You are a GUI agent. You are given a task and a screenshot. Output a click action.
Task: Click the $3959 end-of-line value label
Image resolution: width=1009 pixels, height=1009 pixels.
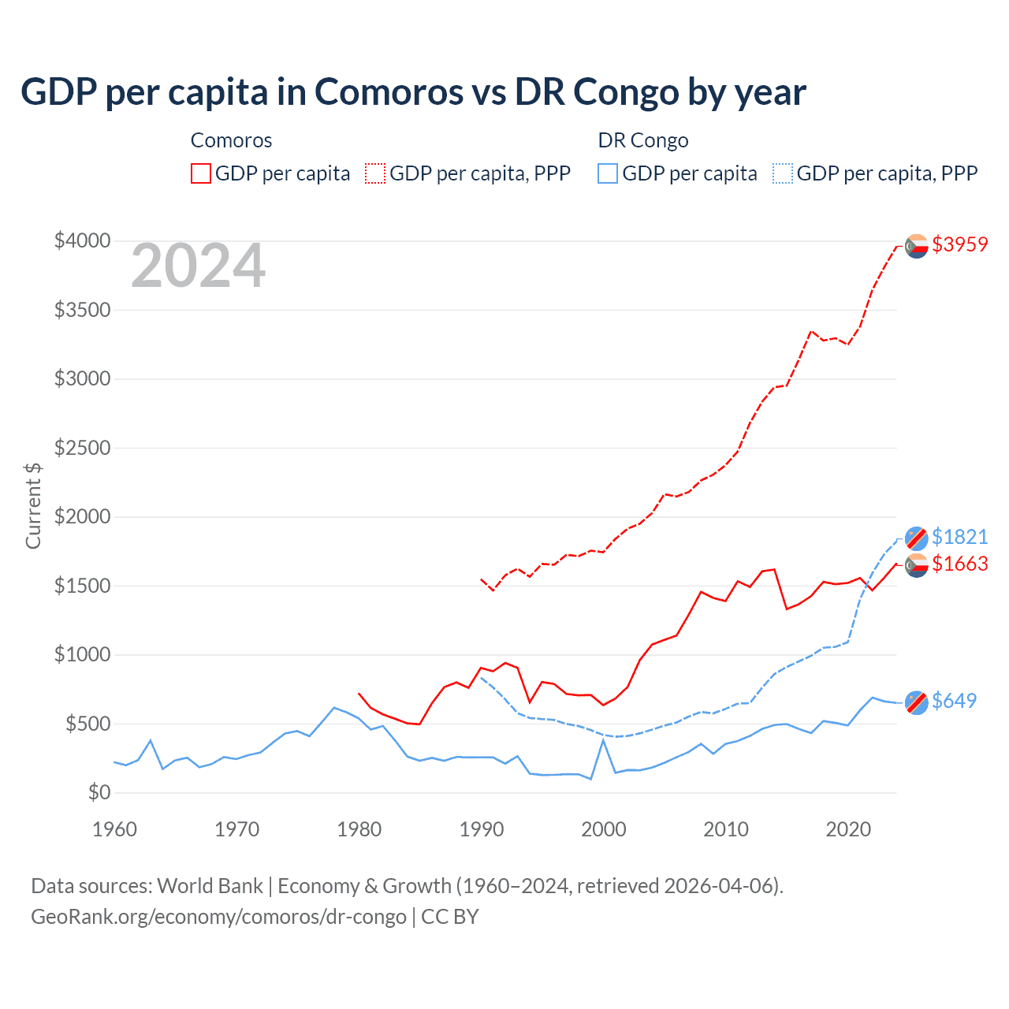[959, 244]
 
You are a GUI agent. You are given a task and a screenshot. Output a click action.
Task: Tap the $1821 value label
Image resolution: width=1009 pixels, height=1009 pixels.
[959, 537]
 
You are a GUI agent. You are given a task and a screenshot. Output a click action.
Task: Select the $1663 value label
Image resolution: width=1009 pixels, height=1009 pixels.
[959, 564]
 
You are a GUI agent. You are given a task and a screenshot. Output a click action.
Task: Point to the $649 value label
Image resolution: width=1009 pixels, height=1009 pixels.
[954, 701]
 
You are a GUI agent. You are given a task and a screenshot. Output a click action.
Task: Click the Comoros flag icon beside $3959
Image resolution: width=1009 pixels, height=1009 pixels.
[916, 246]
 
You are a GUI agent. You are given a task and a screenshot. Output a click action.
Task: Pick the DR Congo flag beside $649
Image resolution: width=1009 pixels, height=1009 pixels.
[916, 702]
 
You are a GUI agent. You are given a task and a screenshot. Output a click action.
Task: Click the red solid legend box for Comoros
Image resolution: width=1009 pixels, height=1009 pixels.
[201, 173]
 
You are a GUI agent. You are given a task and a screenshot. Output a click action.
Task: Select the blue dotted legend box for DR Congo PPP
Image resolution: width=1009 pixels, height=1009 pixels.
[783, 173]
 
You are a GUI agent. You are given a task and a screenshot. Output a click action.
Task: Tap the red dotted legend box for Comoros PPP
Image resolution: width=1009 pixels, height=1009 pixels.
[376, 173]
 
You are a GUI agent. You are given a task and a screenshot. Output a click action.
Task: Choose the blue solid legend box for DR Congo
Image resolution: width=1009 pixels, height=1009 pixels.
[608, 173]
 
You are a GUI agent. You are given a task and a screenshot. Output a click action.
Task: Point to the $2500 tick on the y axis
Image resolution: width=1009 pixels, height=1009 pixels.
[82, 448]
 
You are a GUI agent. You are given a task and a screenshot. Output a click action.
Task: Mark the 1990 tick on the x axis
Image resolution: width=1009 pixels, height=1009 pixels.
[481, 829]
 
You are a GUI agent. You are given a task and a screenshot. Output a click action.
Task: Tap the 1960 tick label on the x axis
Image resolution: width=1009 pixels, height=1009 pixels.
[115, 829]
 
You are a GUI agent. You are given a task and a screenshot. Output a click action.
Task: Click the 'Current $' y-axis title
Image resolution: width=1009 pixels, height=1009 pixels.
[33, 505]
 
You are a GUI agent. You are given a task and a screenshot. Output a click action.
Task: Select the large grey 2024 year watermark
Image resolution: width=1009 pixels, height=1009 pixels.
[198, 266]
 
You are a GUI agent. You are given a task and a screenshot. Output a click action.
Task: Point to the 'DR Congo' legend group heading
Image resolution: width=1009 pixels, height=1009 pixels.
[643, 140]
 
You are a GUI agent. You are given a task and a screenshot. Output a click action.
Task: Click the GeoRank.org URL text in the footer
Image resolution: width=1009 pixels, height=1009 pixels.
[218, 917]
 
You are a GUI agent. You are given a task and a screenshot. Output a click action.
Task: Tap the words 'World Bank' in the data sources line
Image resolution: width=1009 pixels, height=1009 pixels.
[210, 886]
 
